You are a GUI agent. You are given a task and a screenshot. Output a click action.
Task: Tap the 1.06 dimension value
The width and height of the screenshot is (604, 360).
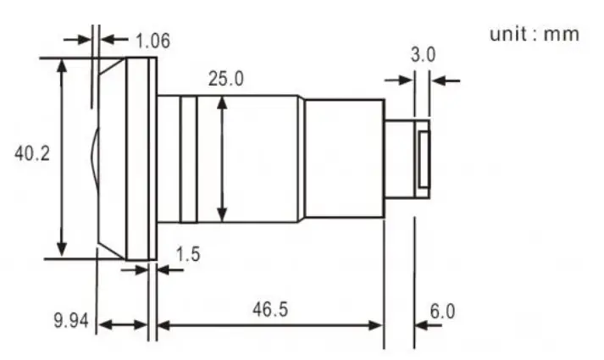tap(152, 39)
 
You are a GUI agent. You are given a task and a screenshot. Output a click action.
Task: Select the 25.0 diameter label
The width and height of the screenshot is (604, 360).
tap(226, 79)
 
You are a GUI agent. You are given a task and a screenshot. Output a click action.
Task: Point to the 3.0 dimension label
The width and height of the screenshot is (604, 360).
tap(423, 56)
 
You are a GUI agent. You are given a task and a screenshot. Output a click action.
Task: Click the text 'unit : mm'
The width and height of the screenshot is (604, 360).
tap(535, 34)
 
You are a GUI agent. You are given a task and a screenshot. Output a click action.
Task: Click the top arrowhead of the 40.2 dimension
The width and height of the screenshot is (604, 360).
tap(61, 64)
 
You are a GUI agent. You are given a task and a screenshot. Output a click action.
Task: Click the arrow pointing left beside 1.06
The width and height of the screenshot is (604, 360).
tap(109, 39)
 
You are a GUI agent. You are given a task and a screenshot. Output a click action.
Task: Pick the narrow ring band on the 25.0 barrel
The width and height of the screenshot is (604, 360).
tap(189, 156)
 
